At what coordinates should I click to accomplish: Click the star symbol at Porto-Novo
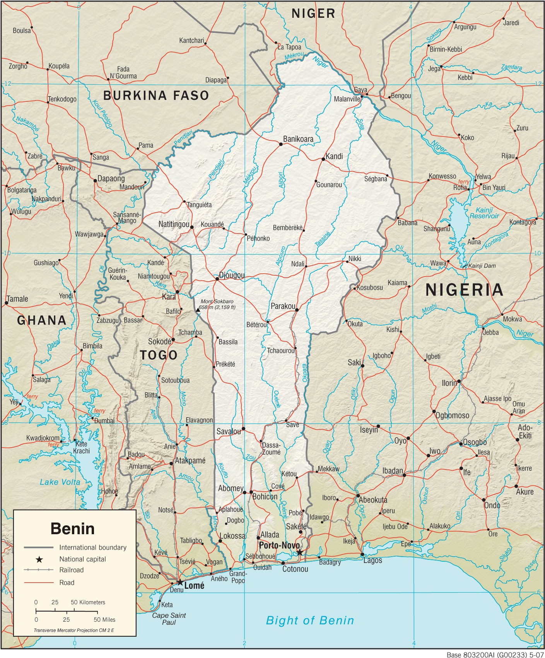tap(300, 552)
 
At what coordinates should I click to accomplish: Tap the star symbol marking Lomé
tap(180, 582)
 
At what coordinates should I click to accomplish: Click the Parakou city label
tap(283, 306)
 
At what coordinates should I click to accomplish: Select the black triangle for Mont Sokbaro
tap(198, 309)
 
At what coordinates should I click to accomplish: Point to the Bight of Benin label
tap(310, 620)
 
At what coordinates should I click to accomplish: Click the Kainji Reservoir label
tap(484, 213)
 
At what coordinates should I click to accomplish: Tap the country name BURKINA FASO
tap(156, 96)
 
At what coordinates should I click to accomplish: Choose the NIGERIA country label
tap(464, 290)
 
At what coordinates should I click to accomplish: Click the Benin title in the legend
tap(72, 528)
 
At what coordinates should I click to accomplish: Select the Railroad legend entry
tap(71, 570)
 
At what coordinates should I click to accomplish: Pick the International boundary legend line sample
tap(39, 547)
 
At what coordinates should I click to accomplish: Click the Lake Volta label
tap(60, 482)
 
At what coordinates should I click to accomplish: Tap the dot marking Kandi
tap(323, 159)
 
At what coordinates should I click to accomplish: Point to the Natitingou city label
tap(174, 224)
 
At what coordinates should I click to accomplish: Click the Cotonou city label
tap(295, 569)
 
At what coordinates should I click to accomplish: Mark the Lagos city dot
tap(362, 554)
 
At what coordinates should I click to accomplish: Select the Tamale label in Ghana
tap(17, 299)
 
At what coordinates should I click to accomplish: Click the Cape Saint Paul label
tap(169, 619)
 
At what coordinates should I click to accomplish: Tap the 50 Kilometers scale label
tap(88, 602)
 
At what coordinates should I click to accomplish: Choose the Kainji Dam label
tap(482, 266)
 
